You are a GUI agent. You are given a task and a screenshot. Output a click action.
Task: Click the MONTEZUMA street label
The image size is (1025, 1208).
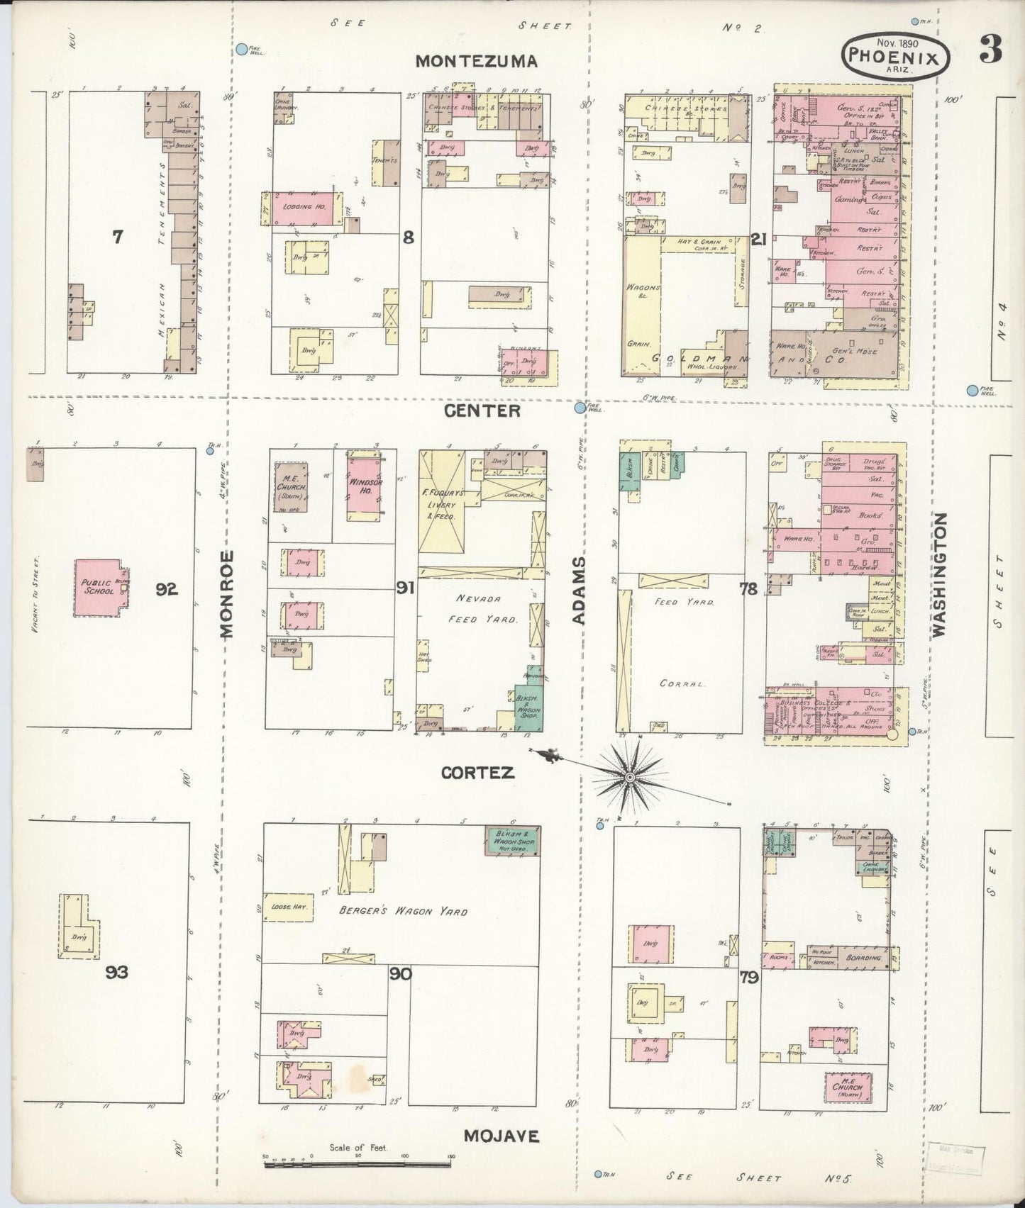point(476,62)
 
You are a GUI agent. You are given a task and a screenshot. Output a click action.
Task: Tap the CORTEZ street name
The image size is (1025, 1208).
point(476,773)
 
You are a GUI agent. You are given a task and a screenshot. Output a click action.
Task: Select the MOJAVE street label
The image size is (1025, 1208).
point(501,1136)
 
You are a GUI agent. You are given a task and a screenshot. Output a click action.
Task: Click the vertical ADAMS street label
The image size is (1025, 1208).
point(580,590)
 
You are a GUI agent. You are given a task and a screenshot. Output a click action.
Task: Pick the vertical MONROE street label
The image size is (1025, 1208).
point(226,594)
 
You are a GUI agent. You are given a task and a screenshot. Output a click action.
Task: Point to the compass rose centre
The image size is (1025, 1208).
point(628,778)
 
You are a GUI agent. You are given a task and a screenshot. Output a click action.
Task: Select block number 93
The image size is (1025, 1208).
point(116,972)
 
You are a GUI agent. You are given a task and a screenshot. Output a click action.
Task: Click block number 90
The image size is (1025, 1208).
point(400,974)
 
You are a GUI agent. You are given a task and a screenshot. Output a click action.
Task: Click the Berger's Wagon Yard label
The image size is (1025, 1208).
point(404,911)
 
